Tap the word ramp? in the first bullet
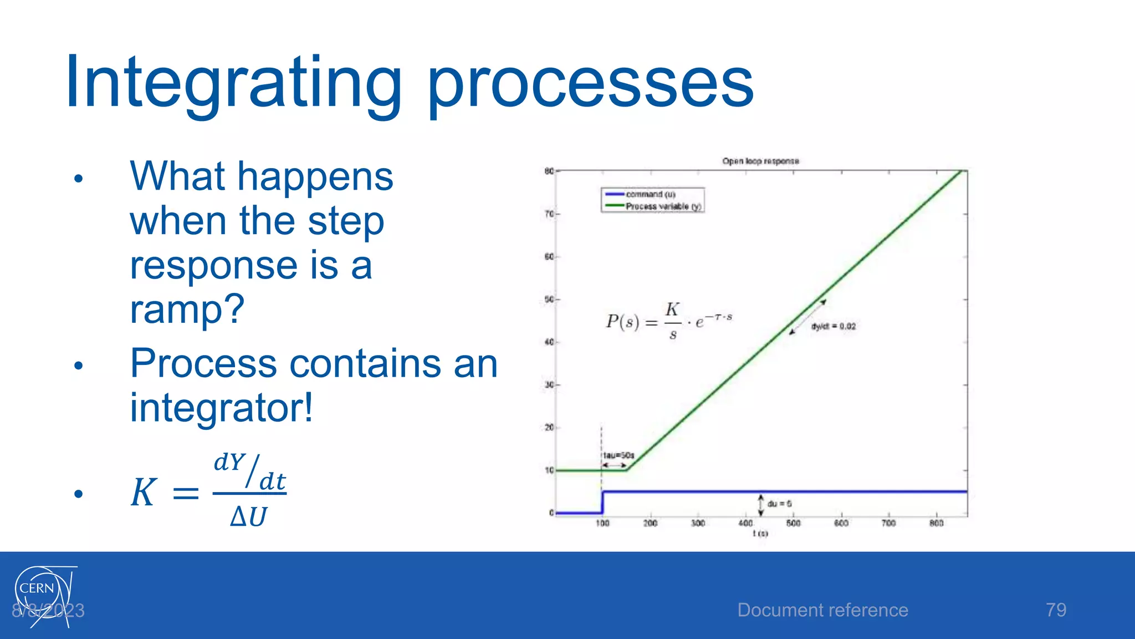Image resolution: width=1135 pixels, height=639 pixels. coord(187,310)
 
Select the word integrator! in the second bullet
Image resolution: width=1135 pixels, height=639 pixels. coord(221,408)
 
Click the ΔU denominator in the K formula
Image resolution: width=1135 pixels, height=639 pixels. coord(249,516)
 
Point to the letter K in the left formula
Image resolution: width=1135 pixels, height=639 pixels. coord(144,492)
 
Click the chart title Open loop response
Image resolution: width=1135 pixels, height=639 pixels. coord(760,161)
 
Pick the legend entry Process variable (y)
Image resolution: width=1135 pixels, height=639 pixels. coord(663,206)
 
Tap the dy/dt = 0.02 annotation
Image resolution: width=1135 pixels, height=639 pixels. coord(833,326)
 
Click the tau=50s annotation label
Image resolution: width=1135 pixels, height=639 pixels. coord(618,455)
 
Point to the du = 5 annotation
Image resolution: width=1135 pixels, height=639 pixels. coord(779,504)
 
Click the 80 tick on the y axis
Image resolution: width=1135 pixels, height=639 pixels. coord(549,171)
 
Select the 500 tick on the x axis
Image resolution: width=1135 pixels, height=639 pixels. coord(793,523)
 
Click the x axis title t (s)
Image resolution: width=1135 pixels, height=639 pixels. coord(760,533)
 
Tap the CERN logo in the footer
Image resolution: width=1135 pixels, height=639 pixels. coord(42,594)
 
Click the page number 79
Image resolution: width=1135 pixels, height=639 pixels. coord(1056,610)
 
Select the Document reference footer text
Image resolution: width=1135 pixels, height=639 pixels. coord(822,610)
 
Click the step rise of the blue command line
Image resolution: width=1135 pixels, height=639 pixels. coord(602,502)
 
